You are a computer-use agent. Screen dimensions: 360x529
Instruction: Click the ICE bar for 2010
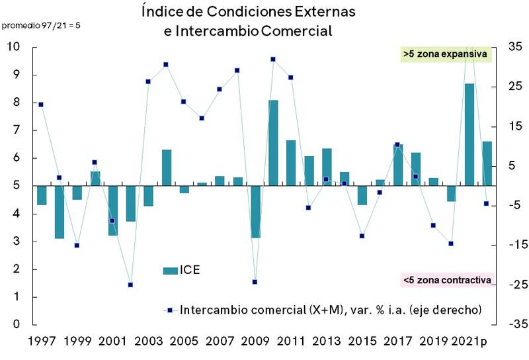273,143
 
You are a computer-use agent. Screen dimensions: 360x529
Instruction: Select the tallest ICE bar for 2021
469,134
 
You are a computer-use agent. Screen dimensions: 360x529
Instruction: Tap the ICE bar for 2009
255,212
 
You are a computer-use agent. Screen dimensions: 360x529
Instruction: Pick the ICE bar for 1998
59,212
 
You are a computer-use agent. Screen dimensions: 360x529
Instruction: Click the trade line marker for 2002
130,285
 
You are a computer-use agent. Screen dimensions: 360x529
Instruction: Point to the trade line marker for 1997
41,105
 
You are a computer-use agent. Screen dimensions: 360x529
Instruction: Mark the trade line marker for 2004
166,64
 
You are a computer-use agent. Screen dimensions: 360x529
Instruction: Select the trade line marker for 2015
362,236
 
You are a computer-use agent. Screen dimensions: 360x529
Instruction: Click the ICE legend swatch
170,270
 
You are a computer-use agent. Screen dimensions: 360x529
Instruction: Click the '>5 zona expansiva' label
445,54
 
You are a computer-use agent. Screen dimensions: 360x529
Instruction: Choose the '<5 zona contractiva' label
448,280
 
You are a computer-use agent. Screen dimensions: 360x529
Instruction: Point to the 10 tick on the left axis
13,47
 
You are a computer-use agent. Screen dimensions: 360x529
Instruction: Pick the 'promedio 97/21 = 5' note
36,26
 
